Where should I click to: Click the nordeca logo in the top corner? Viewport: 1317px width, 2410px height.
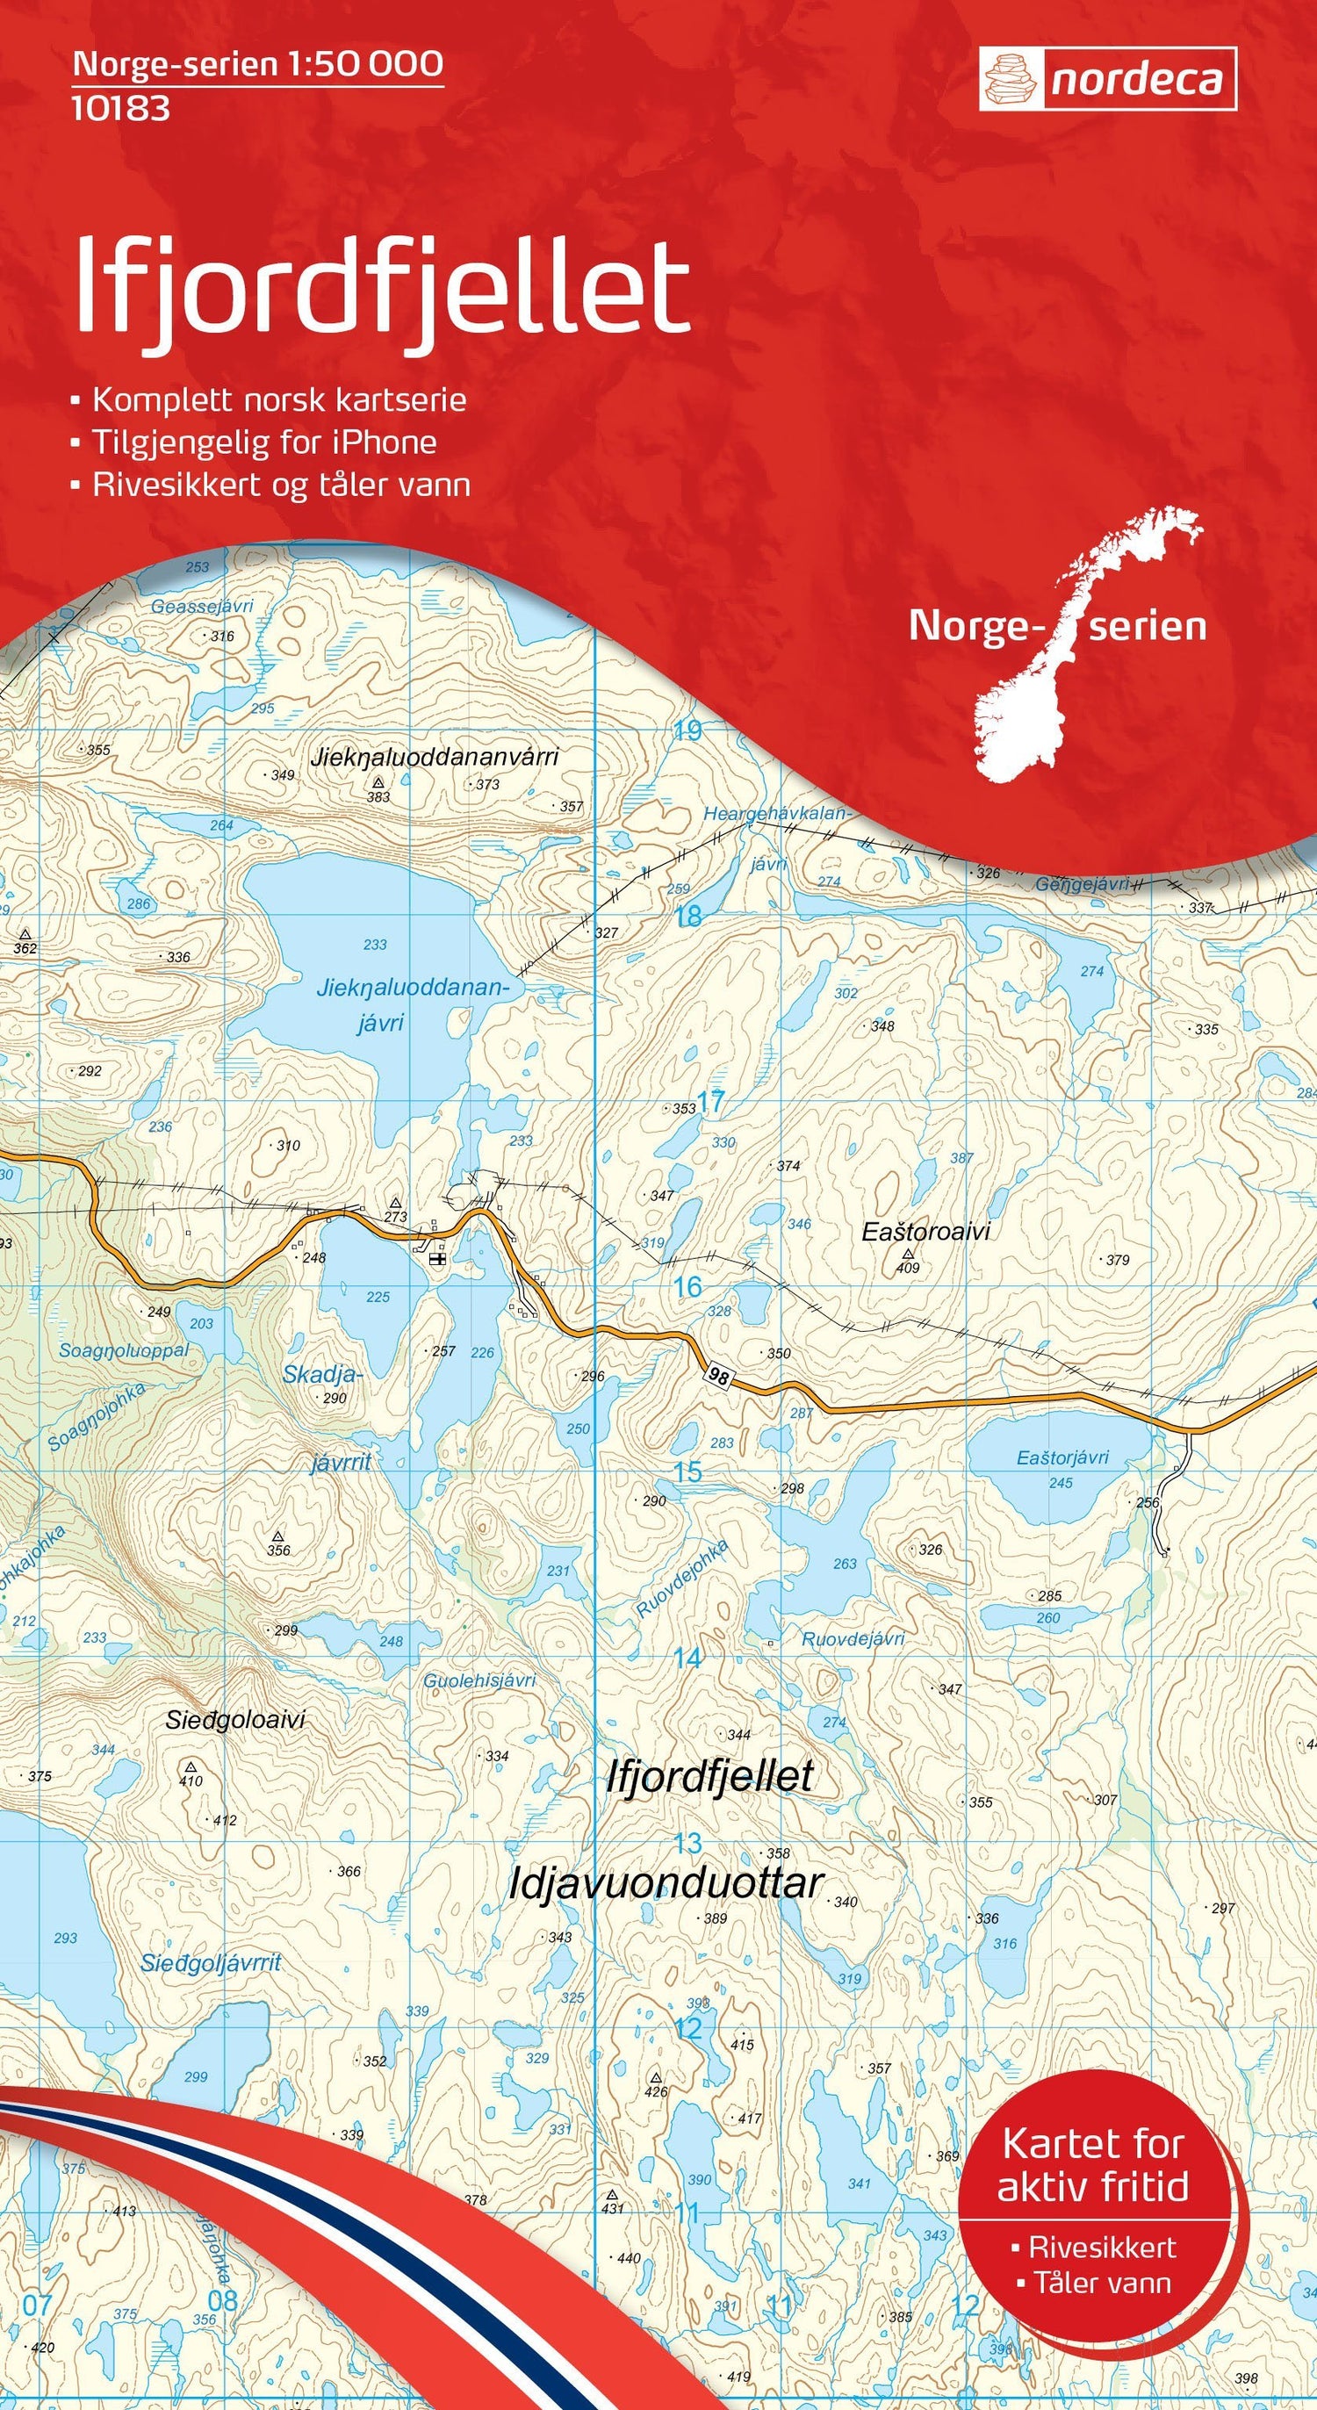pos(1107,80)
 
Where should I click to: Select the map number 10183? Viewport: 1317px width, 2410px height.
pos(120,109)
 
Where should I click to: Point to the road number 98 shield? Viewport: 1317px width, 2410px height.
pos(718,1375)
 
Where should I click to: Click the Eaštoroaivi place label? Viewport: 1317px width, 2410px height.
pos(925,1232)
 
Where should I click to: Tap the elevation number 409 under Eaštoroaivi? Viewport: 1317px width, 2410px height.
pos(907,1268)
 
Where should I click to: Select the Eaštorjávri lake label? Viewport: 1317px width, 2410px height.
pos(1062,1457)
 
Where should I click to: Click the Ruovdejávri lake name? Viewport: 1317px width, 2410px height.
pos(853,1638)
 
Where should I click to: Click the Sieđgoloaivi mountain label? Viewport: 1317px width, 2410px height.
pos(234,1720)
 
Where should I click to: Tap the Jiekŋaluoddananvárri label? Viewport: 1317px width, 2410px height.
pos(437,756)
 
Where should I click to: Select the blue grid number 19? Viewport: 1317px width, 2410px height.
pos(687,730)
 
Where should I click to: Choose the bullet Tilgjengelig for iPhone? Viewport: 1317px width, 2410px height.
pos(263,442)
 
